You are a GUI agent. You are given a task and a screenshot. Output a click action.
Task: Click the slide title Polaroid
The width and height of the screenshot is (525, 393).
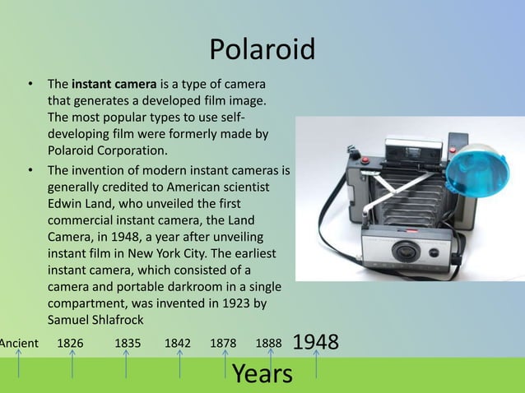[262, 50]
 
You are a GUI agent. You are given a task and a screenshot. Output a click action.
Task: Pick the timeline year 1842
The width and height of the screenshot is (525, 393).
[180, 342]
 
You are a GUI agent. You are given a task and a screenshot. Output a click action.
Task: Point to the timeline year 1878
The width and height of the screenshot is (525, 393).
[225, 342]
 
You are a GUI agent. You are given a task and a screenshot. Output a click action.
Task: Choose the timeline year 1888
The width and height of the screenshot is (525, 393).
[269, 342]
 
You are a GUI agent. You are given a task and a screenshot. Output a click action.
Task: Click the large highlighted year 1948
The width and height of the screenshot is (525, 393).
[316, 340]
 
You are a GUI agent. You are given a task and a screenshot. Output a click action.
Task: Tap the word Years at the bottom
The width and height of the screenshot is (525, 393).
[262, 374]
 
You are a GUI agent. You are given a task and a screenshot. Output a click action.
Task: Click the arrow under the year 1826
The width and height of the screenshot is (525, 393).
[72, 363]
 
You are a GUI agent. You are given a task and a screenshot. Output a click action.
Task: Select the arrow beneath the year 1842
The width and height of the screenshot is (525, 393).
[180, 363]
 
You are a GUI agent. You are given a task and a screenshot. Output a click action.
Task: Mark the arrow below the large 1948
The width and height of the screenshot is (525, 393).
[316, 367]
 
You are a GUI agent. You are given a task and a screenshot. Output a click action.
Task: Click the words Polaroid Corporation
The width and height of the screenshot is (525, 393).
[106, 150]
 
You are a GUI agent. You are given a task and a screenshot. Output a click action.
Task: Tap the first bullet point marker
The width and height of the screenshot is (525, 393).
[30, 84]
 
